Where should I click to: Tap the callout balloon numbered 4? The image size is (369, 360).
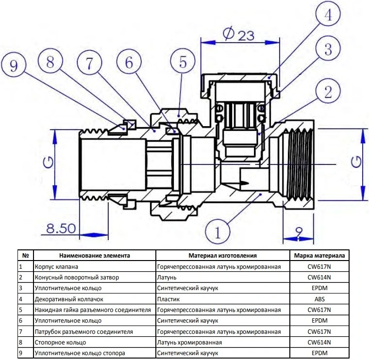328,16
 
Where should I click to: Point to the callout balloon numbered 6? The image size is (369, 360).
128,63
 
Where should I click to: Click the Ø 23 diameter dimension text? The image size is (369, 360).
239,34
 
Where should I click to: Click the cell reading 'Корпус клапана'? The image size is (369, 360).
56,267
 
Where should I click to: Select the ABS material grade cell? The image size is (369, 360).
319,299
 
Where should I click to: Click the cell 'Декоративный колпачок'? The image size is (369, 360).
69,299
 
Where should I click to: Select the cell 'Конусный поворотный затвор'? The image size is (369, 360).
77,278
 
